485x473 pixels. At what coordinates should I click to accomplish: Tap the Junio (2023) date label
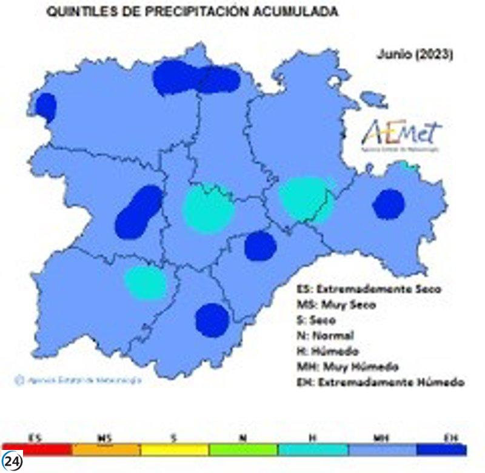(x=415, y=54)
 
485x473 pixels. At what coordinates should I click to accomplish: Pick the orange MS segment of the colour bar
(x=105, y=450)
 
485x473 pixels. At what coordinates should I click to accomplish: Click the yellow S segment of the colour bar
(x=175, y=450)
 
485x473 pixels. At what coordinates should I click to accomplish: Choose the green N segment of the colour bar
(x=243, y=450)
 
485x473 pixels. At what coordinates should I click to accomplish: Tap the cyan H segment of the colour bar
(x=312, y=450)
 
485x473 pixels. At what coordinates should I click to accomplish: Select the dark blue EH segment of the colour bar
(x=441, y=450)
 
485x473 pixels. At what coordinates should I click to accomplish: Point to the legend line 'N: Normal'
(x=325, y=335)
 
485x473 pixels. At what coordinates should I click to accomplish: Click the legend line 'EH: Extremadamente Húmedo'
(x=380, y=383)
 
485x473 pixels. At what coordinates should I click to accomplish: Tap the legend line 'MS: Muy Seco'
(x=336, y=304)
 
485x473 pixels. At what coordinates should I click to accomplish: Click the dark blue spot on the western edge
(x=45, y=107)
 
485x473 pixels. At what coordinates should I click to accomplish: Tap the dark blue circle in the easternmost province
(x=388, y=204)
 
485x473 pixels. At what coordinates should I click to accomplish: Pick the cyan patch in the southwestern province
(x=146, y=283)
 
